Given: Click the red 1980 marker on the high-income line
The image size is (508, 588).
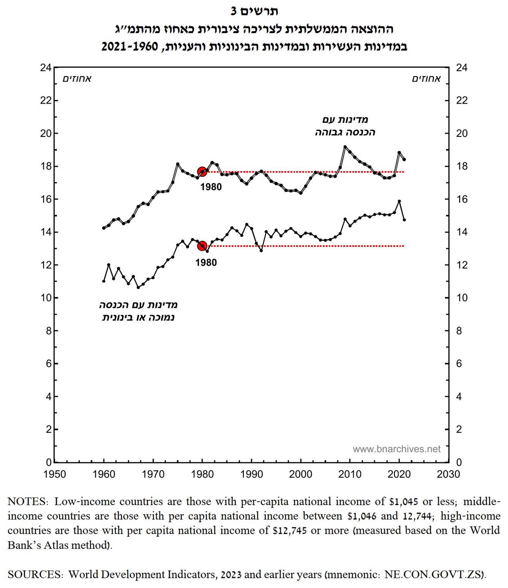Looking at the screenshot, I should point(202,172).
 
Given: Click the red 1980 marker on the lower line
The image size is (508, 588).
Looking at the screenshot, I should point(202,246).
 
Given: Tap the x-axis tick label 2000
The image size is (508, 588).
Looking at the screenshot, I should point(301,474).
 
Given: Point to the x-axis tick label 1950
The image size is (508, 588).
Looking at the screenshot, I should point(54,474).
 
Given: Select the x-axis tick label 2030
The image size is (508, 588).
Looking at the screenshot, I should point(448,474).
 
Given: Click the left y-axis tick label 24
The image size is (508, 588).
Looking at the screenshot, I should point(46,68).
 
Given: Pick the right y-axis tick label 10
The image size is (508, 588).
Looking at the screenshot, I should point(462,298).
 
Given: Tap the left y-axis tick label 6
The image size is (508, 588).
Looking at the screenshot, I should point(48,363).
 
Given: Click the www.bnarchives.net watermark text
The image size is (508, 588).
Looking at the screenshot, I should point(396,449).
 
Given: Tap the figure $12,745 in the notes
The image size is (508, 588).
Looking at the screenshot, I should point(290,531).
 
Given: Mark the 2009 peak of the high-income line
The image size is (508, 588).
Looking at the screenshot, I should point(345,147).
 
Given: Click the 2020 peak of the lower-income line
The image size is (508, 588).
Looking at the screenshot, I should point(399,201).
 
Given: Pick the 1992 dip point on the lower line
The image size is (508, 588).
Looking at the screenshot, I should point(261,251).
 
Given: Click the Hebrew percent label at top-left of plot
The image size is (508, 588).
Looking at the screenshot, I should point(77,79).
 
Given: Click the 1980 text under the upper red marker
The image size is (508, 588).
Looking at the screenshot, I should point(211,187).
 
